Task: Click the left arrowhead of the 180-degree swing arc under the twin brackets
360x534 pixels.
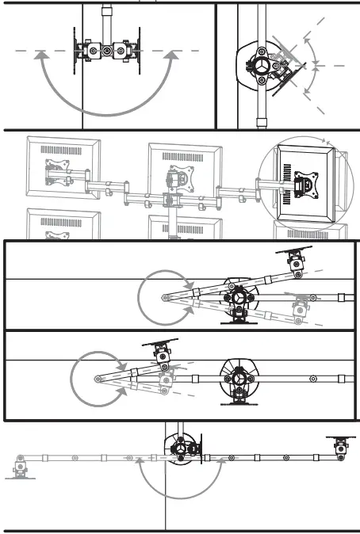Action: (x=44, y=55)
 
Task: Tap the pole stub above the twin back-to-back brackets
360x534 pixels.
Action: (x=106, y=16)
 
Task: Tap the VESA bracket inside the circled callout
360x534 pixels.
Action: (x=304, y=184)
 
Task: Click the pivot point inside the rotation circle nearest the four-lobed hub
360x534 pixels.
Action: (x=164, y=298)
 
